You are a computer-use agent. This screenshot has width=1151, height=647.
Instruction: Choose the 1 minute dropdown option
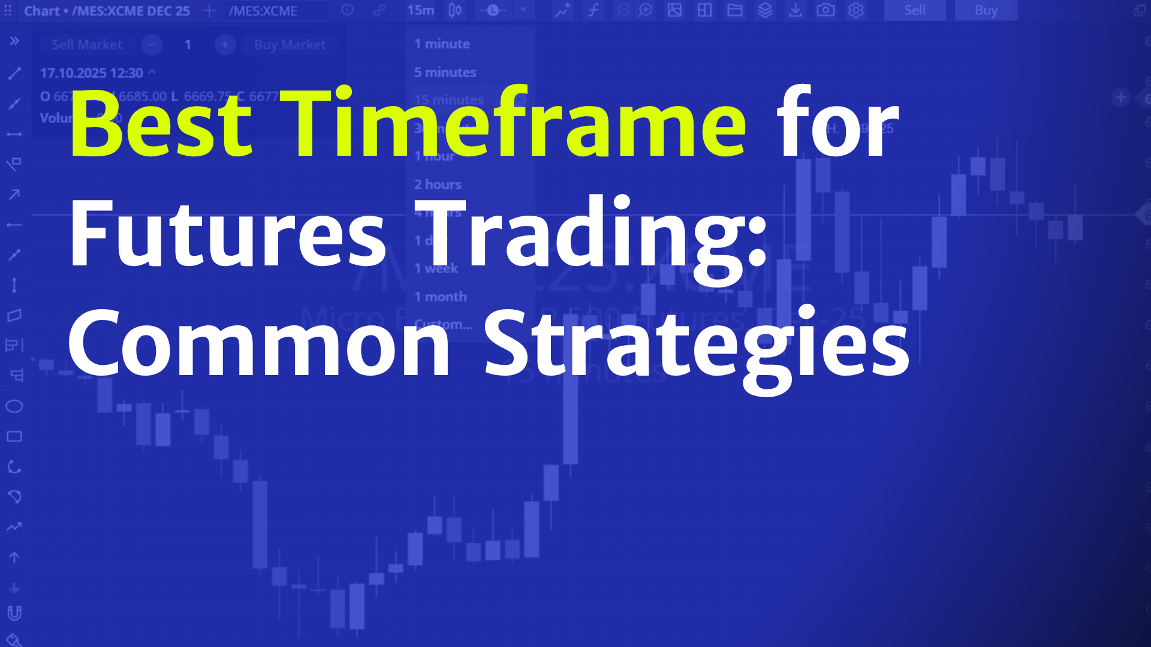[x=442, y=44]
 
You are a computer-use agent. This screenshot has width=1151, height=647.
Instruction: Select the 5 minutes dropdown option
[x=445, y=72]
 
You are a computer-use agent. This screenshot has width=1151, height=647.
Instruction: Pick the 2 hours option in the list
[x=438, y=185]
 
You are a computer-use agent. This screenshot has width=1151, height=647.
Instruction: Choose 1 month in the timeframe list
[x=440, y=297]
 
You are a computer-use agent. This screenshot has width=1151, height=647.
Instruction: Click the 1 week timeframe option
[x=436, y=268]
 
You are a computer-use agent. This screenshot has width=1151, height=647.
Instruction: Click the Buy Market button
[x=290, y=45]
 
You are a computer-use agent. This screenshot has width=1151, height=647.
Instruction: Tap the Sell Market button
[x=87, y=45]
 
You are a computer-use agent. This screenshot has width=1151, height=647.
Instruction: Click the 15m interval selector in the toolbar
[x=420, y=10]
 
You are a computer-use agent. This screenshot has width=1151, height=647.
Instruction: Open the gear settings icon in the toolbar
[x=855, y=10]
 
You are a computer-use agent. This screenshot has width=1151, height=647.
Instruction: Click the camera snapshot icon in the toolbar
[x=825, y=10]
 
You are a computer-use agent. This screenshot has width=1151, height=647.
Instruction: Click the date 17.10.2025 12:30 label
[x=92, y=73]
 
